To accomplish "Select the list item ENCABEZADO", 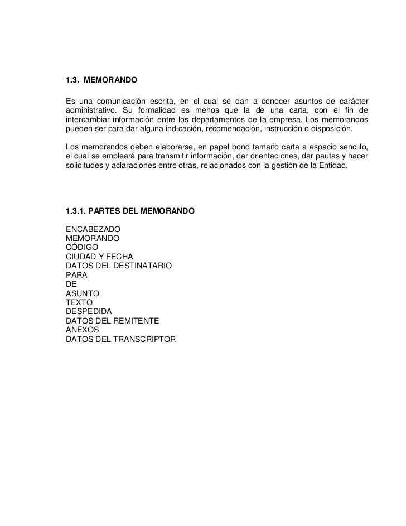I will [x=94, y=229].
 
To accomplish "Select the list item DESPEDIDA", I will [x=89, y=311].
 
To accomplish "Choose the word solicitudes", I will [x=84, y=165].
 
